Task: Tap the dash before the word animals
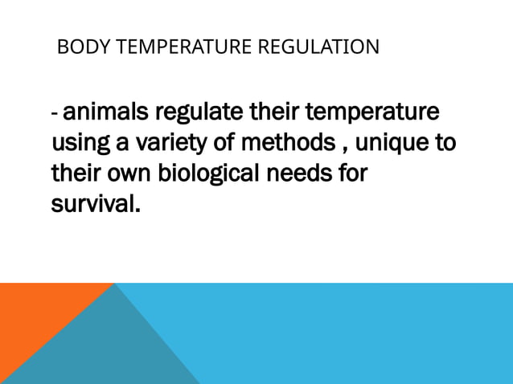click(x=54, y=114)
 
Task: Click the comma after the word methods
click(x=340, y=150)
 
